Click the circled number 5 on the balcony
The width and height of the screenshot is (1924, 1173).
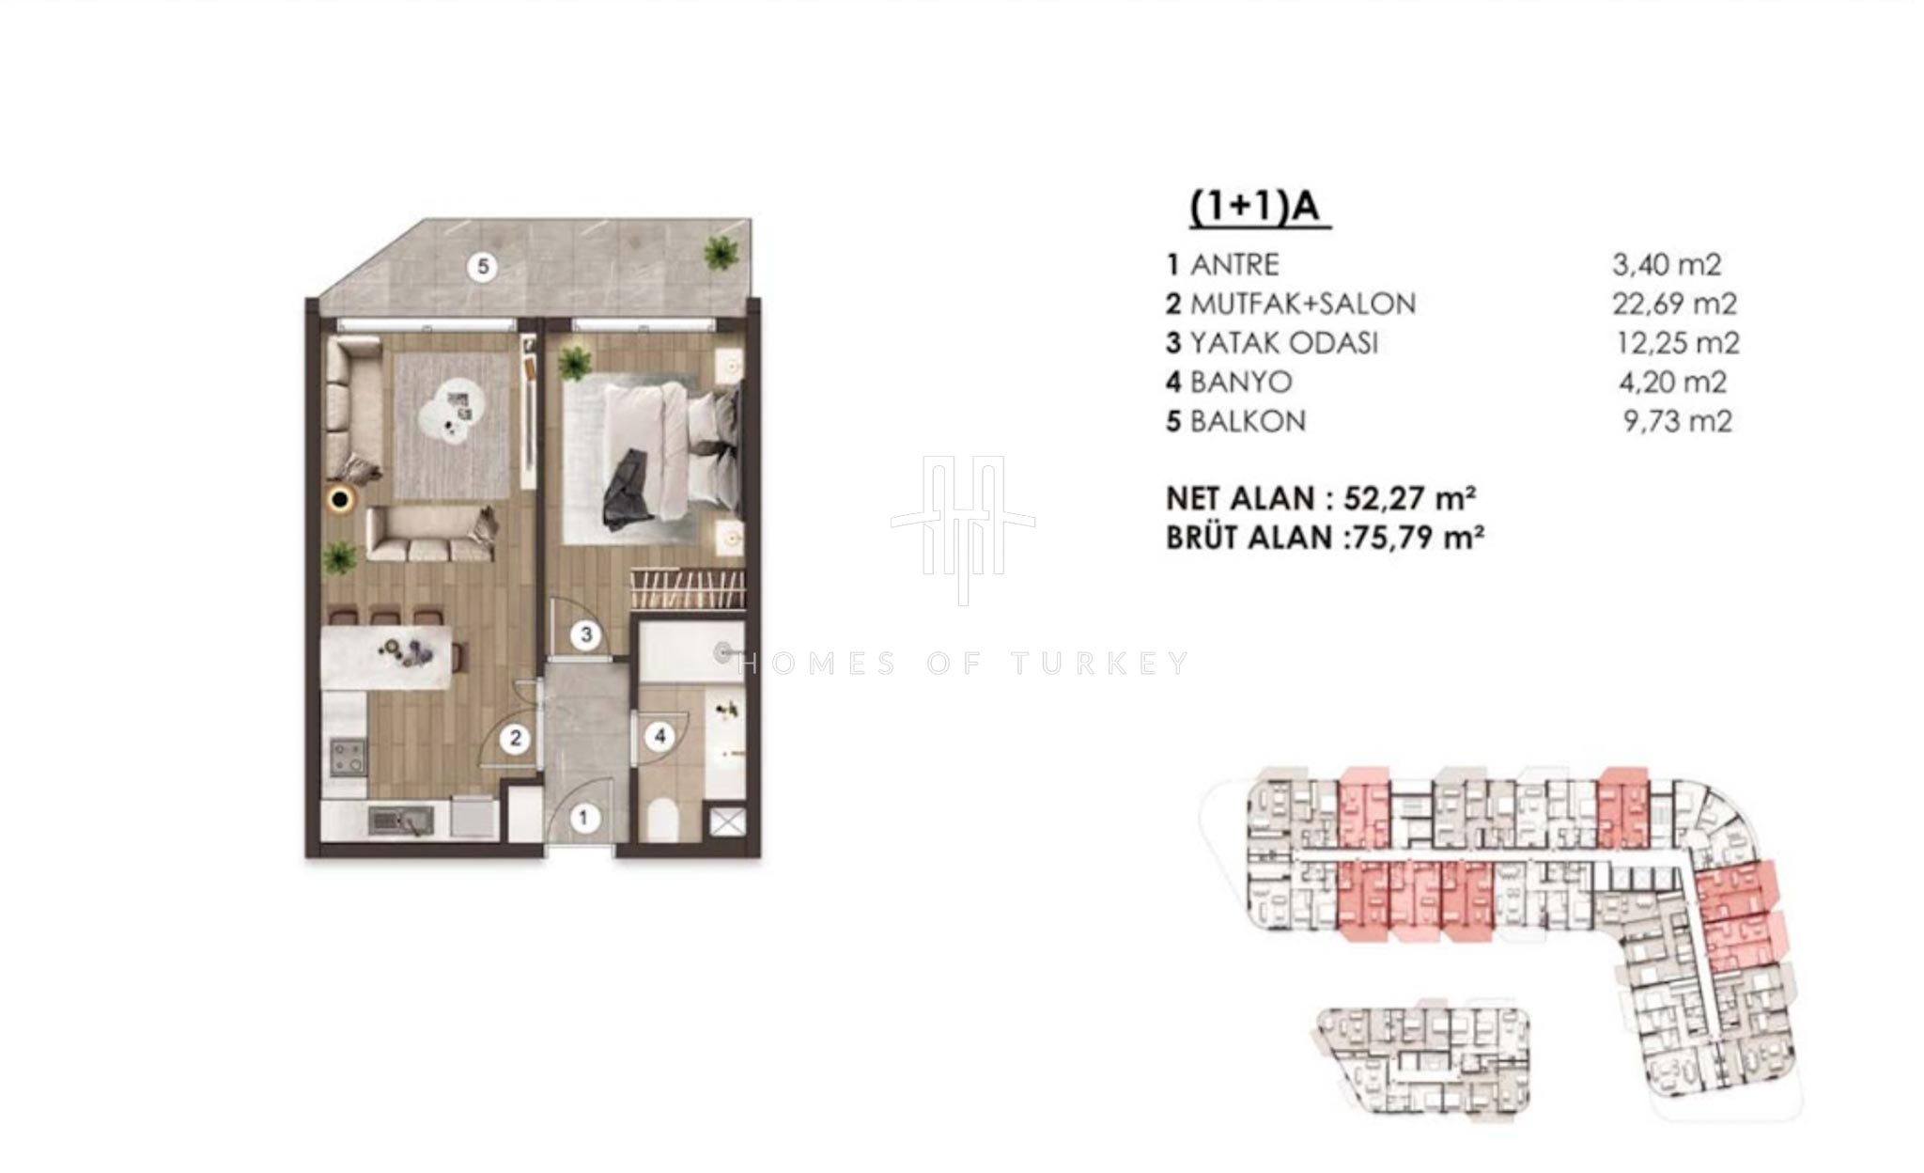tap(483, 267)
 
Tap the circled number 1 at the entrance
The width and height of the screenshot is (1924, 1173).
tap(583, 818)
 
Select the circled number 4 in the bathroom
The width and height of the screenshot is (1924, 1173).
tap(660, 736)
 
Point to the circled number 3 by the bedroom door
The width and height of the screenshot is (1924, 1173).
tap(586, 635)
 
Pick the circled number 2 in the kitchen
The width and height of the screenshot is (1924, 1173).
tap(515, 739)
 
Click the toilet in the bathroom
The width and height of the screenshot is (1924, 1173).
tap(663, 819)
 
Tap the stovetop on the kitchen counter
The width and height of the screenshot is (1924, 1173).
tap(348, 757)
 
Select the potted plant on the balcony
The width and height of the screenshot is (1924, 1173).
tap(721, 251)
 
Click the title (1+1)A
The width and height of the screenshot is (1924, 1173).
tap(1259, 208)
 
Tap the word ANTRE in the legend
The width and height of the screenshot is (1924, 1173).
tap(1234, 265)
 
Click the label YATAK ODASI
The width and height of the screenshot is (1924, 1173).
tap(1283, 343)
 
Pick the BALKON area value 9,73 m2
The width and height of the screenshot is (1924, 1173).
tap(1678, 421)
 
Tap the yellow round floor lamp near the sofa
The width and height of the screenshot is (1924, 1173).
tap(340, 499)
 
